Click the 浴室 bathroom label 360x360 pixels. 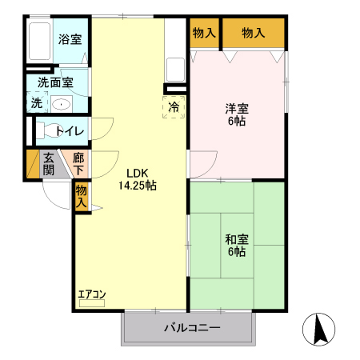point(69,38)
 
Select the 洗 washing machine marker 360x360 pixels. point(37,102)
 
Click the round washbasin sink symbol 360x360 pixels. point(61,103)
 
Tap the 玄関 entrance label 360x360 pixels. point(49,164)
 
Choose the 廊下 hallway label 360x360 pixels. point(78,163)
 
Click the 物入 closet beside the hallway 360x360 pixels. point(81,196)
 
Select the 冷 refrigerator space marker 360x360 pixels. point(174,106)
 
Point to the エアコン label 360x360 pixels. point(91,294)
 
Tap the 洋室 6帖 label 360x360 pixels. point(236,114)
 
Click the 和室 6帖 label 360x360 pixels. point(236,245)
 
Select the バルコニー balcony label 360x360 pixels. point(192,327)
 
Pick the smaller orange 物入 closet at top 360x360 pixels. point(204,33)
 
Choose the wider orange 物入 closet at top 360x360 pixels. point(253,33)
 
